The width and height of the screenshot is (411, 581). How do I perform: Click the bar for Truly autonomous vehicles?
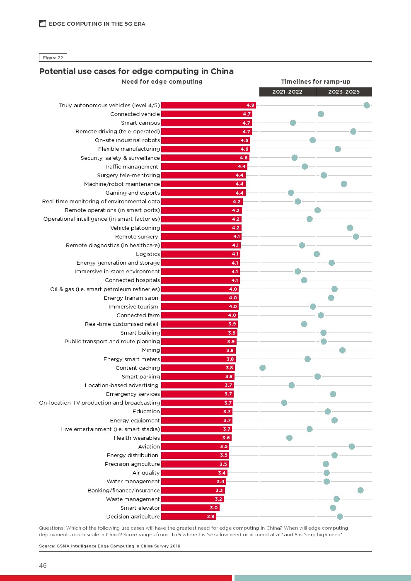(208, 105)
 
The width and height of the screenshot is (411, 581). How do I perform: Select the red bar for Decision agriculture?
(189, 516)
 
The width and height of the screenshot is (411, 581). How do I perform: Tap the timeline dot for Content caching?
(262, 368)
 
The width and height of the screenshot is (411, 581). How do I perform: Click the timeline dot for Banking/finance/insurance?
(360, 490)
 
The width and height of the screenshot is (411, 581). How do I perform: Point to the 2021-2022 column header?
(287, 92)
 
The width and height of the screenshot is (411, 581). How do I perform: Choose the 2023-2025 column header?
(344, 92)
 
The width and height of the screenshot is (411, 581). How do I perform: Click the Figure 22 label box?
(53, 58)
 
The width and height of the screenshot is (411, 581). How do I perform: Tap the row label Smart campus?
(140, 123)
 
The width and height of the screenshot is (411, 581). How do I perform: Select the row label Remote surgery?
(136, 237)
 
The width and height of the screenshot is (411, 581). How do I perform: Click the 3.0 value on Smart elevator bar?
(214, 508)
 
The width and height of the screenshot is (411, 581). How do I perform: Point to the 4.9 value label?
(250, 105)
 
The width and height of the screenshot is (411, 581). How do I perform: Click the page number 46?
(43, 566)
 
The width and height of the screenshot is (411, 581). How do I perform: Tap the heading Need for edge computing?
(162, 82)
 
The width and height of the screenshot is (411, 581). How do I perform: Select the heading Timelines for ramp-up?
(316, 82)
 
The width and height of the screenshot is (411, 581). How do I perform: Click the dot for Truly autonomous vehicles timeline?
(366, 105)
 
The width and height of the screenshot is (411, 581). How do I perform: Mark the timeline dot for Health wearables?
(289, 438)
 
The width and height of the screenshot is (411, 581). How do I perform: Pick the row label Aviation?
(149, 447)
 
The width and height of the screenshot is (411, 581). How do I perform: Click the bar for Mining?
(198, 350)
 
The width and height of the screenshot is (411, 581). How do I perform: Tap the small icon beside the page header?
(42, 24)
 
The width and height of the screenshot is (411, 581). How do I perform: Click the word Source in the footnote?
(46, 546)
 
